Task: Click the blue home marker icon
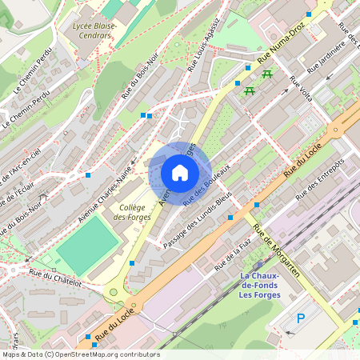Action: pos(180,172)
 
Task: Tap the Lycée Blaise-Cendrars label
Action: pos(94,30)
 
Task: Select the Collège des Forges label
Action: pos(131,212)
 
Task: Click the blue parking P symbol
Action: pos(301,318)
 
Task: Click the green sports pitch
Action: pos(86,242)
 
